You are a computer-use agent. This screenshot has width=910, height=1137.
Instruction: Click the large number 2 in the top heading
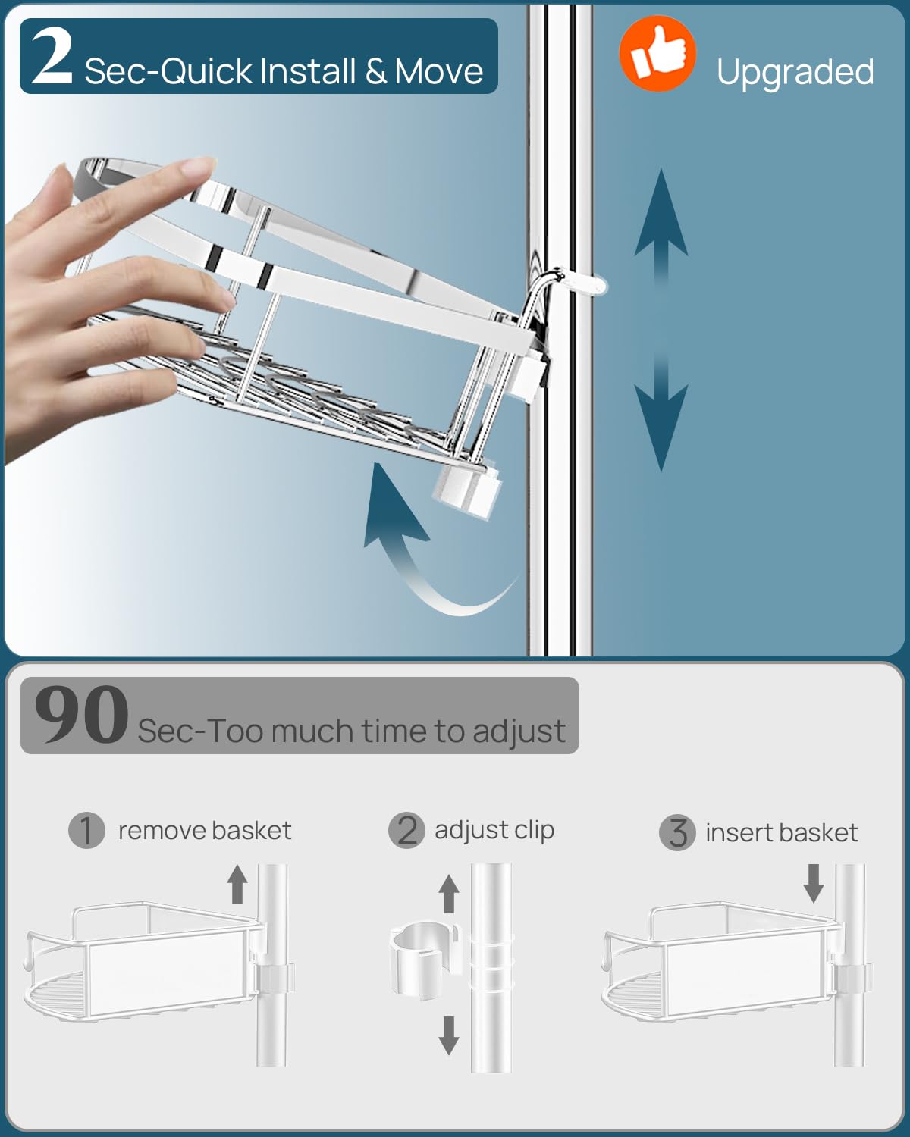[x=52, y=55]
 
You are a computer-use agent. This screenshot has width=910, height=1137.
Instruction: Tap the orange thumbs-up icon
[x=657, y=54]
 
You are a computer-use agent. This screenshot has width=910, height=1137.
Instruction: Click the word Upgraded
[x=795, y=72]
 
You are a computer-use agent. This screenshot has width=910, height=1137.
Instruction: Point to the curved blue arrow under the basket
[x=425, y=546]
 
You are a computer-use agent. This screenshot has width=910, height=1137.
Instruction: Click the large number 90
[x=81, y=715]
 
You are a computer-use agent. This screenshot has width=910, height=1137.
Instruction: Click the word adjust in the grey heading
[x=519, y=731]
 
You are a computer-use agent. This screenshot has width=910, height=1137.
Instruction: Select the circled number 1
[x=86, y=830]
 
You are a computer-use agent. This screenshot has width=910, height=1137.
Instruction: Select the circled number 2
[x=406, y=830]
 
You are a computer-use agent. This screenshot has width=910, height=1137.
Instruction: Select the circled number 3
[x=677, y=832]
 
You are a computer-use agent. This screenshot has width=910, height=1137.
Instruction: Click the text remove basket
[x=205, y=830]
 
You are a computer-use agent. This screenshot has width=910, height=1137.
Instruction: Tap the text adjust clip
[x=494, y=830]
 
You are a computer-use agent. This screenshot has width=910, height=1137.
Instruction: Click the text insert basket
[x=781, y=832]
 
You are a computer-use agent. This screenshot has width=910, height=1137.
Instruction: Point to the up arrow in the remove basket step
[x=237, y=884]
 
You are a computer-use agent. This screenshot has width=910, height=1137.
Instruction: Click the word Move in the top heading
[x=438, y=72]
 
